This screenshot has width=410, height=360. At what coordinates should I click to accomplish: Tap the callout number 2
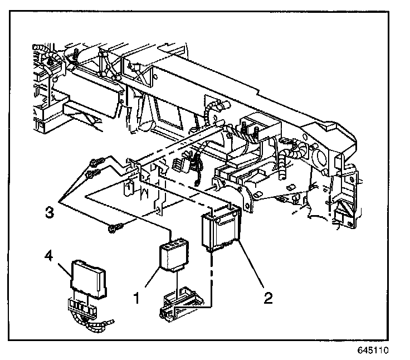pos(268,298)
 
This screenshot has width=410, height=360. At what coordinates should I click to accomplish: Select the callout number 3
pos(50,212)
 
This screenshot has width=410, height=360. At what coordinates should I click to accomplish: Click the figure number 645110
pos(372,352)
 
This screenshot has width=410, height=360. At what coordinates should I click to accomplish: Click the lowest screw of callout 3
pos(115,226)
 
